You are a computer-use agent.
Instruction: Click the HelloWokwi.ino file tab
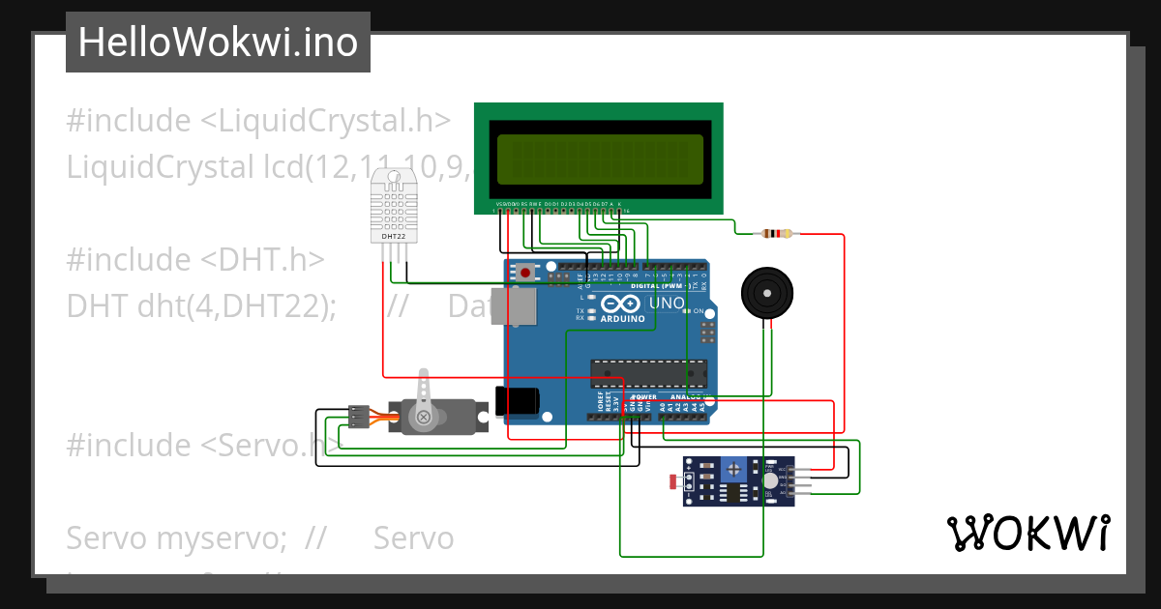coord(218,43)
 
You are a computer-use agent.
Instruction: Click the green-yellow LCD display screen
coord(600,159)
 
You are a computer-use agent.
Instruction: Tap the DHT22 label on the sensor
coord(394,235)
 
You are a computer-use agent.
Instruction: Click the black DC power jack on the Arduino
coord(516,402)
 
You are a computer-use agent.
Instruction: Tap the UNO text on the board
coord(666,304)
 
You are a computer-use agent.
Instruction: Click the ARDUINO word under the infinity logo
coord(622,318)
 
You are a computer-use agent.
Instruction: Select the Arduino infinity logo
coord(622,304)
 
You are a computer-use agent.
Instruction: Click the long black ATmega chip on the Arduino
coord(649,372)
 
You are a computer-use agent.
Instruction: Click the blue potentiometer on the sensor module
coord(736,470)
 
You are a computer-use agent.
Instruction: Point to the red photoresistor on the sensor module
coord(673,480)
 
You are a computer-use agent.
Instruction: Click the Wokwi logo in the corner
coord(1027,533)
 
